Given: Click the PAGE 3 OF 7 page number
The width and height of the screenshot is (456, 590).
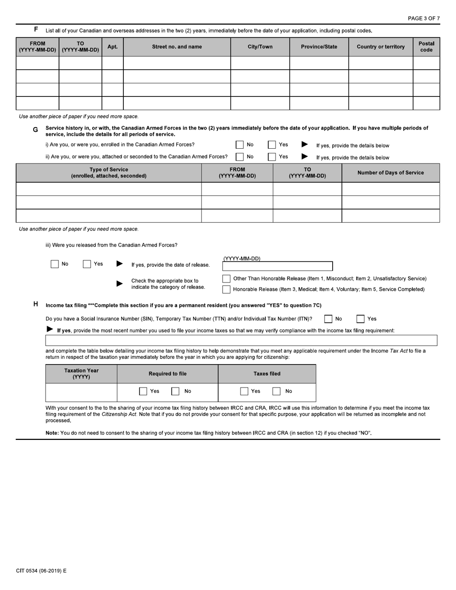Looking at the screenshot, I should [423, 18].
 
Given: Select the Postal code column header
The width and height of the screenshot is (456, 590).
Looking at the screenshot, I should [426, 47].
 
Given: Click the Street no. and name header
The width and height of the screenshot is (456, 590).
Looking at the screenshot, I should [177, 47].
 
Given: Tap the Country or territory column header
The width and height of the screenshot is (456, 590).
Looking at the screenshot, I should [381, 47].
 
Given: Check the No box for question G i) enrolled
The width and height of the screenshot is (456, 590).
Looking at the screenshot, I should [240, 144].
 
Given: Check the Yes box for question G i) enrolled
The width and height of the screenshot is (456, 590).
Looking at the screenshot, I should [272, 144].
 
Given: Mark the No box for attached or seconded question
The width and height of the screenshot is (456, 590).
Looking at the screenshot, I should [240, 156].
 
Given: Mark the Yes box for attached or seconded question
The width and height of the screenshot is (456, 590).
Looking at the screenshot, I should [272, 156].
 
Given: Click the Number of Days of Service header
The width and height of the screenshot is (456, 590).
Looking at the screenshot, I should [390, 173].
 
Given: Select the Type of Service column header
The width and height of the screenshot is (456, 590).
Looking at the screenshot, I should [108, 173].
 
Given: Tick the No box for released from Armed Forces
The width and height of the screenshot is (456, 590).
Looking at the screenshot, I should [55, 264].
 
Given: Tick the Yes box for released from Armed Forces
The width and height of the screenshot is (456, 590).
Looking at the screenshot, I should [87, 264].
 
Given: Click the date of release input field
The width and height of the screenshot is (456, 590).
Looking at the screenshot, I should [277, 266].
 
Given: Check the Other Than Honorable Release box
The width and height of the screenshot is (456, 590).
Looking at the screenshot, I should [226, 279].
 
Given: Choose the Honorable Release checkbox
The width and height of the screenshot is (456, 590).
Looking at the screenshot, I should [226, 289].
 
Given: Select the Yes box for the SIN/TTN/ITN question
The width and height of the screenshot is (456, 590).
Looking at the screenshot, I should [360, 319].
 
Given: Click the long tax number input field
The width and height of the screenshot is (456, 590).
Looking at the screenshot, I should [241, 340].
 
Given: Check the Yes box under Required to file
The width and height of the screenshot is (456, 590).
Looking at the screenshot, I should [143, 391].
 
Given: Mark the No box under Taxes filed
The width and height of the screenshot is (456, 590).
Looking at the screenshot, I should [276, 391].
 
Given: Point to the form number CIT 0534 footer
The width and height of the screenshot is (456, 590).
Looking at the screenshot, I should [41, 571].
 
